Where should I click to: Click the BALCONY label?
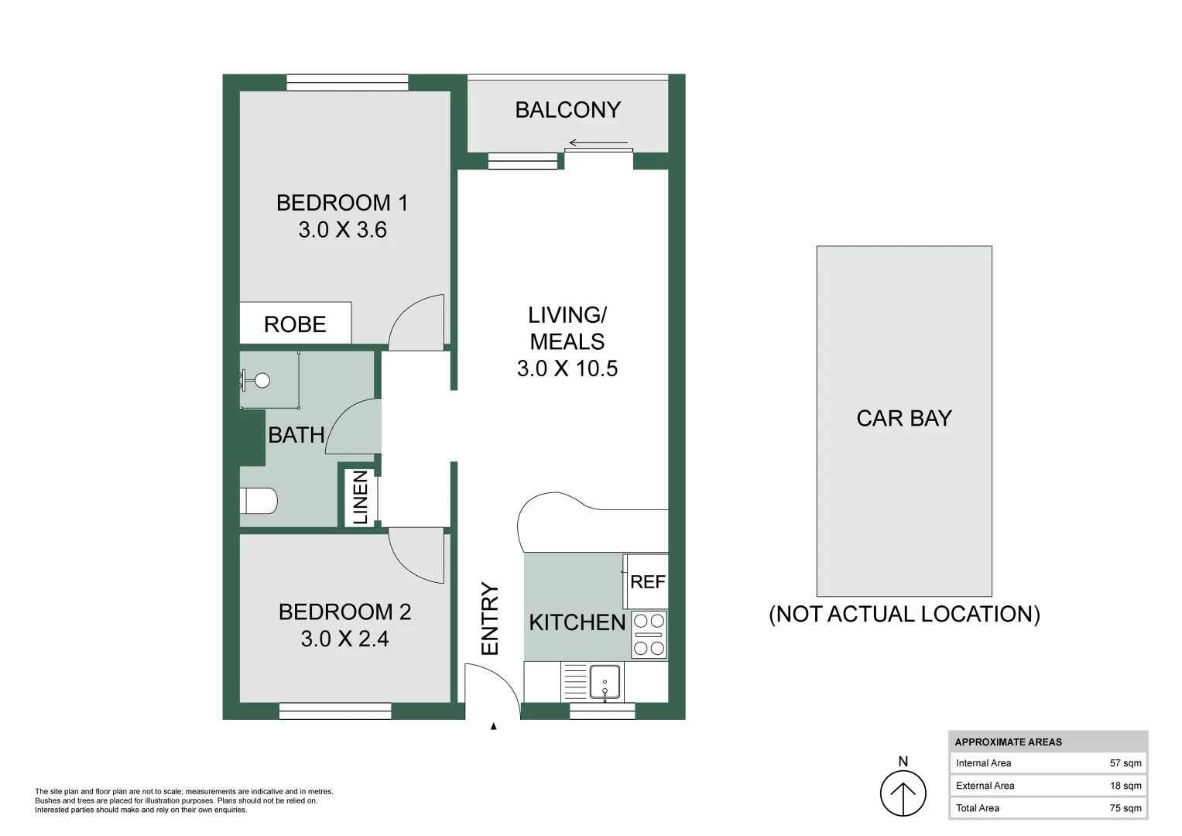pyautogui.click(x=567, y=110)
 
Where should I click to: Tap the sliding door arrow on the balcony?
pyautogui.click(x=598, y=142)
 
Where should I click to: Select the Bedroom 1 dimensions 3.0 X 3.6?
pyautogui.click(x=342, y=230)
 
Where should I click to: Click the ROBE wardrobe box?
pyautogui.click(x=295, y=324)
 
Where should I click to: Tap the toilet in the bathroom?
pyautogui.click(x=259, y=501)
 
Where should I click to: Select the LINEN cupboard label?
pyautogui.click(x=361, y=498)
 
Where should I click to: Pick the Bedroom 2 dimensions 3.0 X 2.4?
pyautogui.click(x=344, y=639)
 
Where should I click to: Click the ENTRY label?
pyautogui.click(x=490, y=618)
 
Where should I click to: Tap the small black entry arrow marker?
pyautogui.click(x=493, y=726)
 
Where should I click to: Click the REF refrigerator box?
pyautogui.click(x=647, y=581)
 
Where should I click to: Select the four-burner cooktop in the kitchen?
pyautogui.click(x=649, y=635)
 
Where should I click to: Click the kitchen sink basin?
pyautogui.click(x=605, y=682)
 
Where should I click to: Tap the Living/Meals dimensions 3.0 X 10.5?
pyautogui.click(x=567, y=368)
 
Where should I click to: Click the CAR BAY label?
pyautogui.click(x=903, y=418)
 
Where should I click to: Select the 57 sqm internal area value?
pyautogui.click(x=1125, y=763)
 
